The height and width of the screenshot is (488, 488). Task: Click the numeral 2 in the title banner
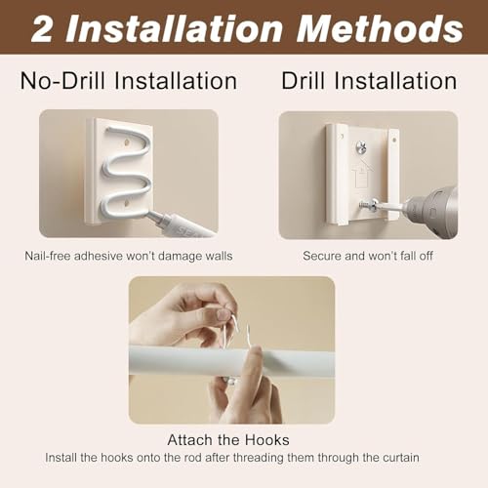coord(43,28)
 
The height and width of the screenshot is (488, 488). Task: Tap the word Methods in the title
coord(380,28)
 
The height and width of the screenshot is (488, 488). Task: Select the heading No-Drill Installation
coord(129,81)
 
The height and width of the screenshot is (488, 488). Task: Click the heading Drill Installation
coord(369,81)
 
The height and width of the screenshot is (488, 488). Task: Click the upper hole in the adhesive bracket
coord(127,142)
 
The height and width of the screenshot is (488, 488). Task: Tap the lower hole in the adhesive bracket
coord(127,204)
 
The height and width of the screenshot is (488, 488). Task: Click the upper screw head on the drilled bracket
coord(362,146)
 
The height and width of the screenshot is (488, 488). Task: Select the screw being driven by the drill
coord(367,205)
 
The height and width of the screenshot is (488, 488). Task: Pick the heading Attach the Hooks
coord(228,440)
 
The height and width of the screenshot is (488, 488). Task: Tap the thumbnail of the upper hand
coord(224,314)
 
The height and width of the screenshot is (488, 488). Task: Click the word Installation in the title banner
coord(175,28)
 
